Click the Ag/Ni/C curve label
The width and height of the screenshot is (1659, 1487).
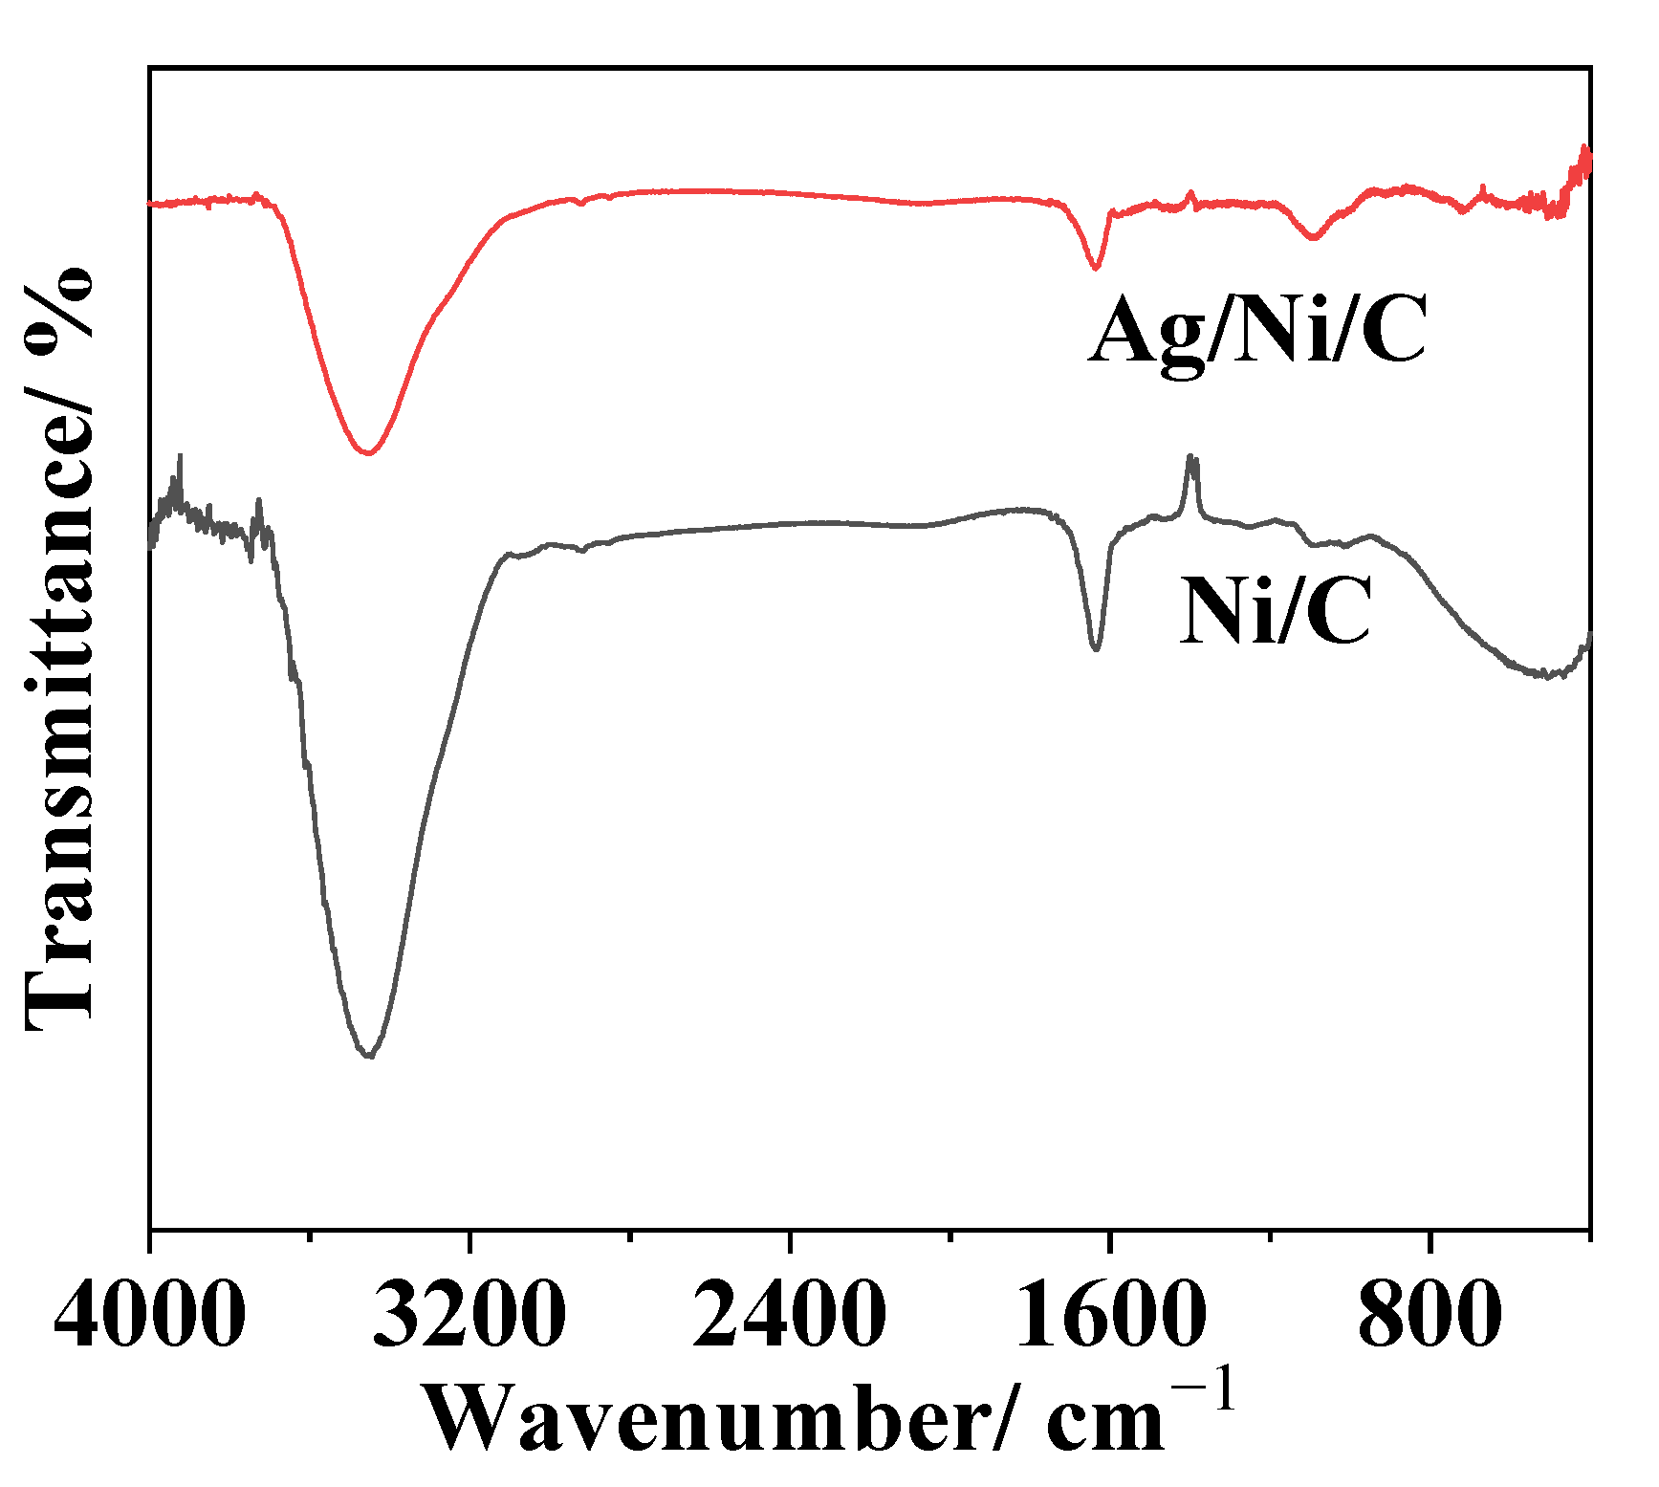1256,331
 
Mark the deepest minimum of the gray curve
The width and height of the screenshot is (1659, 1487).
369,1056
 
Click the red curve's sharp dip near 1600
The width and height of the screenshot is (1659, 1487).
1096,268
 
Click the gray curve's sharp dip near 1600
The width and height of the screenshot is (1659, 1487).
1096,649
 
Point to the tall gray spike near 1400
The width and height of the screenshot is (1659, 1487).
1191,459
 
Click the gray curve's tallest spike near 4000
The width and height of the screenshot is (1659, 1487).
180,457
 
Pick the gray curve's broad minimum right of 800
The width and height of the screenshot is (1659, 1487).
1544,675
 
